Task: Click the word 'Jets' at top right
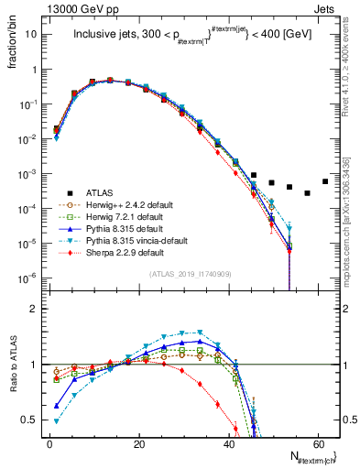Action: (x=325, y=7)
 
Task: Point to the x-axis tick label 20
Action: (x=138, y=442)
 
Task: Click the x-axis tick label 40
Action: (x=228, y=442)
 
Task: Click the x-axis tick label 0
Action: (x=49, y=442)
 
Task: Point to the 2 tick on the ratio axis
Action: (x=38, y=309)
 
